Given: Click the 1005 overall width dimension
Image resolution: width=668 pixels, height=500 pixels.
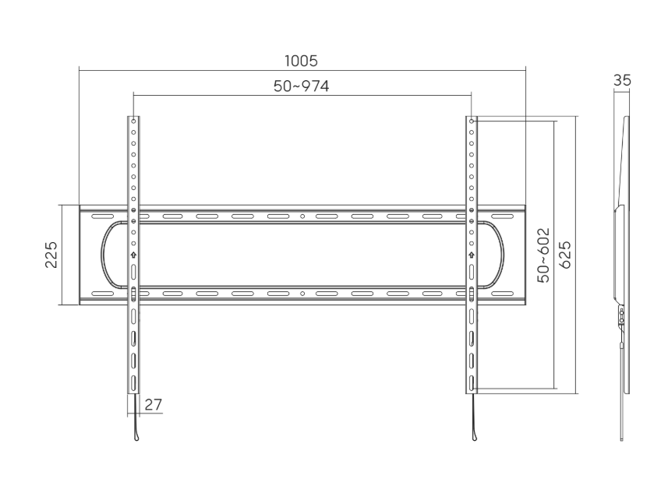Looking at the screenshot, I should pyautogui.click(x=302, y=61).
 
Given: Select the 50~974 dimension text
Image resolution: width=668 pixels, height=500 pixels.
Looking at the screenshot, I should pyautogui.click(x=301, y=86).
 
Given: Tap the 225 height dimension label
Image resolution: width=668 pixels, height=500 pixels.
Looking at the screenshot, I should pyautogui.click(x=51, y=255).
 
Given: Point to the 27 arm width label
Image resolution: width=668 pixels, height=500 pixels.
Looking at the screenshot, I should pyautogui.click(x=154, y=404).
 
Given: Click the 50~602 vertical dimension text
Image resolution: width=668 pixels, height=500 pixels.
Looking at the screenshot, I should pyautogui.click(x=544, y=255).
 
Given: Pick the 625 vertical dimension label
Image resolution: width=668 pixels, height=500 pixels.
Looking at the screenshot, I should pyautogui.click(x=566, y=255).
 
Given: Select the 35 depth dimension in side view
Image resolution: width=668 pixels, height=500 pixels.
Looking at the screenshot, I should pyautogui.click(x=622, y=80).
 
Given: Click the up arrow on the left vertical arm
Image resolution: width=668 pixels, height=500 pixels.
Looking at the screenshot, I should pyautogui.click(x=133, y=255).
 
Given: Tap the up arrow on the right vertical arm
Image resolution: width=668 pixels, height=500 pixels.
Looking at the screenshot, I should pyautogui.click(x=472, y=255).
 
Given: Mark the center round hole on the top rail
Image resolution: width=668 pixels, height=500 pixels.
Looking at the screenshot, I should pyautogui.click(x=302, y=216).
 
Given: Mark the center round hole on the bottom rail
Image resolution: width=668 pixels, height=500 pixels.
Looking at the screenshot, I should pyautogui.click(x=302, y=294).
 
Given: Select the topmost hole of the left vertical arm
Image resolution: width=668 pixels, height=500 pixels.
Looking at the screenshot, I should pyautogui.click(x=133, y=121).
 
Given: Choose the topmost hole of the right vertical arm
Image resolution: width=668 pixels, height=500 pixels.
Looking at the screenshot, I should pyautogui.click(x=472, y=121).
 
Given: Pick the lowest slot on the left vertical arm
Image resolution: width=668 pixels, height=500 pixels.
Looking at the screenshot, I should pyautogui.click(x=133, y=382).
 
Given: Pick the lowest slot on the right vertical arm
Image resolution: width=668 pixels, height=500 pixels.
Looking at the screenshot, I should pyautogui.click(x=472, y=382).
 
